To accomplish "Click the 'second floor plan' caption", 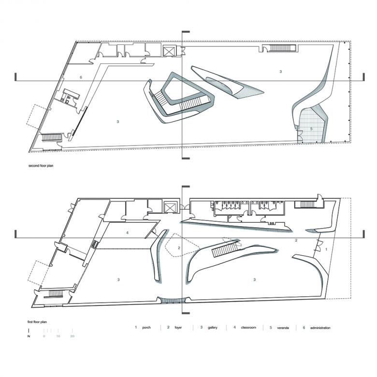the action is click(x=41, y=166).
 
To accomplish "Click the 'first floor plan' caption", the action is click(x=37, y=322).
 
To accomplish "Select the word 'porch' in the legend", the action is click(x=146, y=328).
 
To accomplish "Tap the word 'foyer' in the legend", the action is click(x=178, y=328).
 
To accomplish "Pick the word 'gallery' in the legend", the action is click(x=213, y=328).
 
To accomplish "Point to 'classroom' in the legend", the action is click(x=248, y=328).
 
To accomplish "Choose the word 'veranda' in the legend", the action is click(x=283, y=328).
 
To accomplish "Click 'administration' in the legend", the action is click(x=320, y=328).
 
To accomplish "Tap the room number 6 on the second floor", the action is click(x=81, y=77).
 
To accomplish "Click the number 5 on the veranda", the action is click(x=311, y=129).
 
